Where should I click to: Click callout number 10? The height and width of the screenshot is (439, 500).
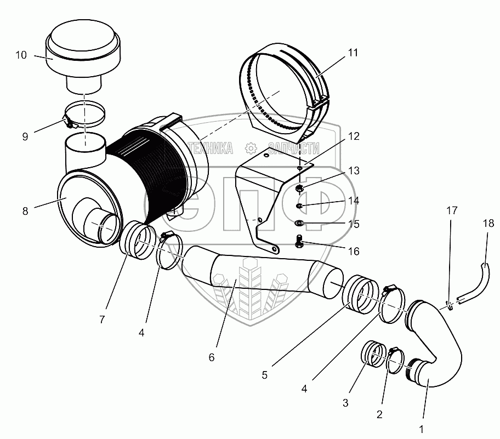(x=21, y=55)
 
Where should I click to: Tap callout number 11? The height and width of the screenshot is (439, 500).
(x=352, y=53)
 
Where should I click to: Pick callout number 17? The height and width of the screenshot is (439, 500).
(x=451, y=210)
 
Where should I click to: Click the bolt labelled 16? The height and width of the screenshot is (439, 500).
(x=299, y=241)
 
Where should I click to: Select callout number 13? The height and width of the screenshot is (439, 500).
(x=354, y=171)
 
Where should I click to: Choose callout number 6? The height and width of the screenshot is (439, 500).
(x=212, y=357)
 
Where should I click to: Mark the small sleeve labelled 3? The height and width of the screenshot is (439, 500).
(x=373, y=355)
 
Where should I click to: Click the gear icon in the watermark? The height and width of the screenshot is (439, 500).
(x=251, y=148)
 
